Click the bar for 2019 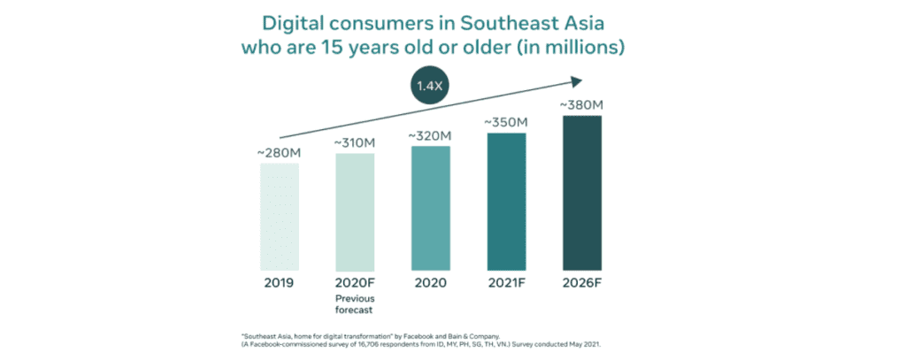click(x=280, y=217)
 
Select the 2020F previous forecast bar click(x=355, y=211)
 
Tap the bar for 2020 click(x=430, y=208)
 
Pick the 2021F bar click(x=506, y=201)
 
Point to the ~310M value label click(x=355, y=143)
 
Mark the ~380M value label click(x=582, y=104)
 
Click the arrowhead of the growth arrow click(x=575, y=82)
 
